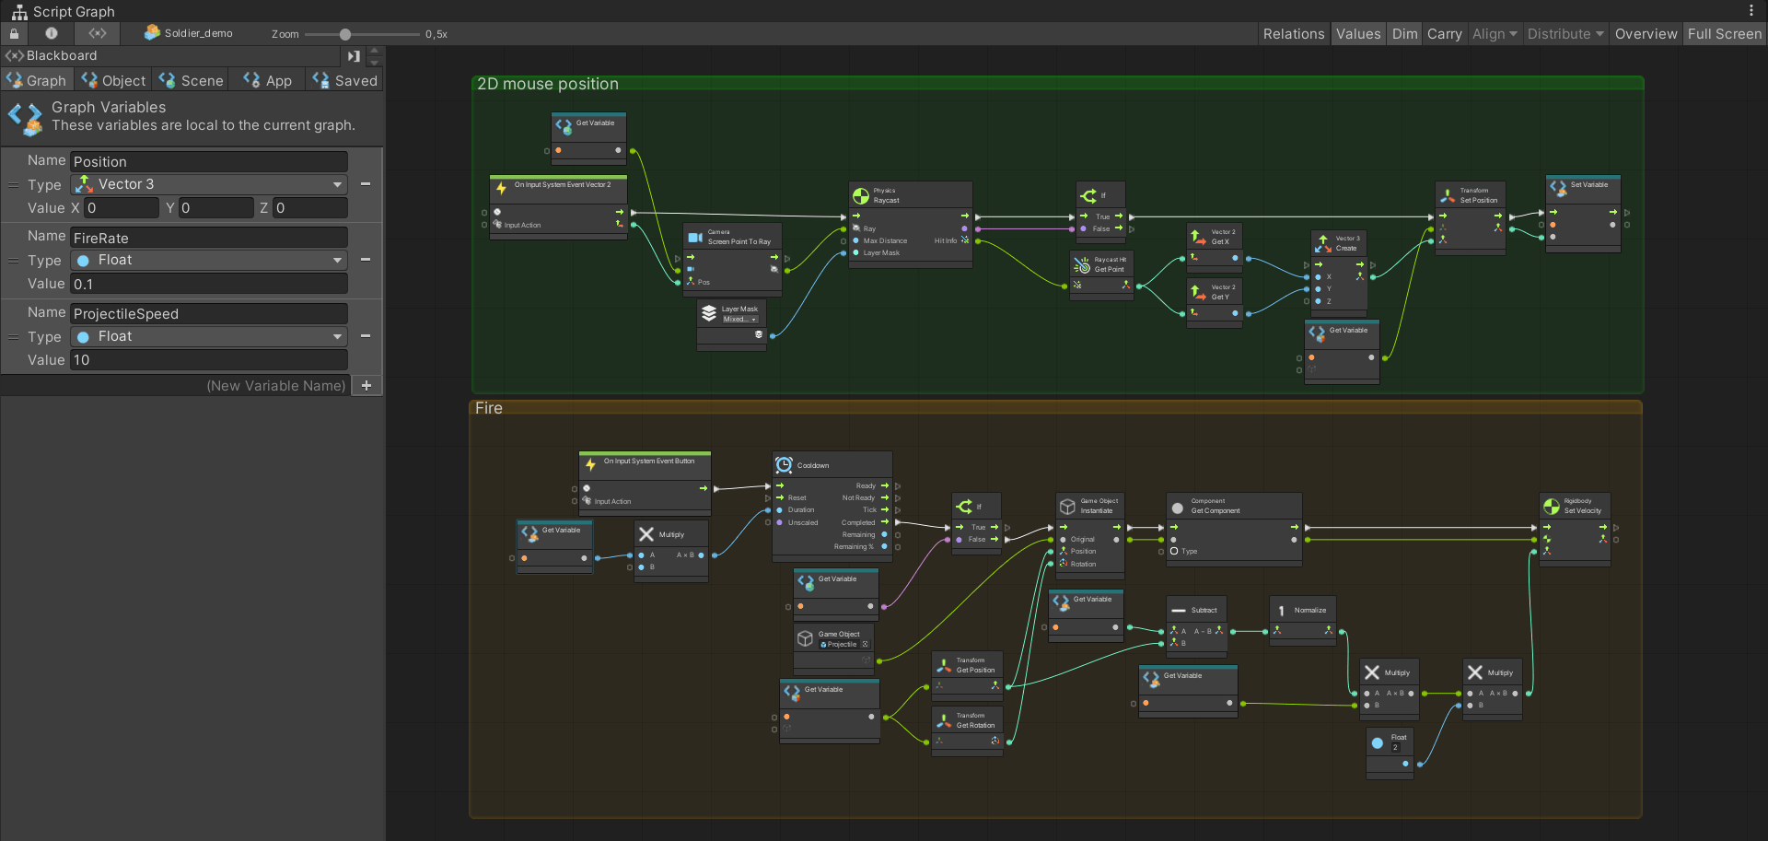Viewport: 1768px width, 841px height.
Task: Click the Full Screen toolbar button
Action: (x=1724, y=34)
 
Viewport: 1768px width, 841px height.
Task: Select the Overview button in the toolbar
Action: (x=1646, y=34)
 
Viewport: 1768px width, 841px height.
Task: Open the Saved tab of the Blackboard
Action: (x=345, y=81)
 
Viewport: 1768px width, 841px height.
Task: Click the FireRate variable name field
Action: (x=209, y=238)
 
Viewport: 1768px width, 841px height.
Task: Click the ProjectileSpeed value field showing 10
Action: (x=209, y=360)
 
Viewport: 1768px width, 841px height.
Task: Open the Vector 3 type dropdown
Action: (x=209, y=184)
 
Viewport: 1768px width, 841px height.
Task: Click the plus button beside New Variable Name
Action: (x=366, y=386)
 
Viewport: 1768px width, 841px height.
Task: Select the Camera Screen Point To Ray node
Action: (x=732, y=238)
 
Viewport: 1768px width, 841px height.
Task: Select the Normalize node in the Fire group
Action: (x=1303, y=610)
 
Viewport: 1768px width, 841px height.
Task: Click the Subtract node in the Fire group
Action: (x=1196, y=610)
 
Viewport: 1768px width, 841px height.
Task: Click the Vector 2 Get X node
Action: (x=1215, y=237)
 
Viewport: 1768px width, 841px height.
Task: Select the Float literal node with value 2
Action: (x=1390, y=742)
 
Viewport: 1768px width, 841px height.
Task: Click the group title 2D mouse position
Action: (x=548, y=84)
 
